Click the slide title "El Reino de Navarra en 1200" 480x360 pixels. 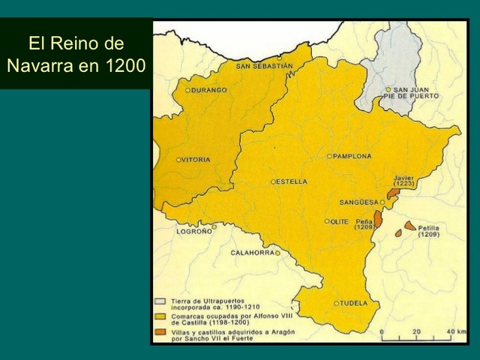[x=76, y=54]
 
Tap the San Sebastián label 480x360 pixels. [x=264, y=66]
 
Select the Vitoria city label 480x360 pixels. [x=196, y=160]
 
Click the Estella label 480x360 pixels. [x=292, y=181]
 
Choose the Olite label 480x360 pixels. [x=340, y=221]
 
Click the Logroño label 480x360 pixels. [x=193, y=232]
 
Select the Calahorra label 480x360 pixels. [x=252, y=253]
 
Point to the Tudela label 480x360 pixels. [x=354, y=303]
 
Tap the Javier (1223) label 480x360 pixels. [x=403, y=181]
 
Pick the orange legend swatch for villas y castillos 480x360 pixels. [x=160, y=331]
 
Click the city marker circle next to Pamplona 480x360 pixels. [x=329, y=156]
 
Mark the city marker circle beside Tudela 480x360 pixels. [x=336, y=303]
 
